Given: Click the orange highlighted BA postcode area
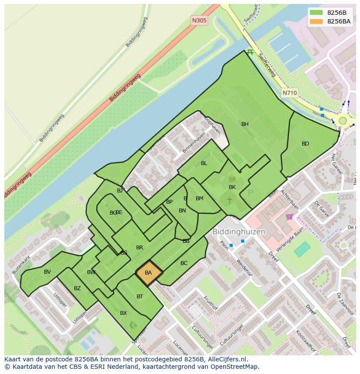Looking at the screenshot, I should tap(149, 273).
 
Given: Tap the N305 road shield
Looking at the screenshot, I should tap(199, 20).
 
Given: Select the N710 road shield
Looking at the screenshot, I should tap(290, 93).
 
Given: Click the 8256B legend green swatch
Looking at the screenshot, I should tap(317, 13).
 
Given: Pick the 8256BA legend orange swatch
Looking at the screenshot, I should tap(317, 21).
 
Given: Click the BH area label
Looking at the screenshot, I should tap(245, 124).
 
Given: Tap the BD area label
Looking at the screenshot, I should tap(305, 144).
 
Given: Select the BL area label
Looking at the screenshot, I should tap(204, 163).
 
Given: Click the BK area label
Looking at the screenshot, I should tap(232, 187).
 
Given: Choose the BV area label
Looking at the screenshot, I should tap(47, 272).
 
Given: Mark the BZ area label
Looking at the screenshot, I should tap(77, 288).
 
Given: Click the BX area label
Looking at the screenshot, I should tap(123, 313).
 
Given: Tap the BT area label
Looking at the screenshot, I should tap(140, 297).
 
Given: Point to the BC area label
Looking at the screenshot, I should tap(184, 263).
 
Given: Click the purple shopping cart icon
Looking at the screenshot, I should tap(290, 216).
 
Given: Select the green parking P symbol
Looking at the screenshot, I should tap(250, 192).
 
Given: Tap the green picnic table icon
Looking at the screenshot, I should tap(250, 52).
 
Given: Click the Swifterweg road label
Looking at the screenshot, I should tap(266, 65).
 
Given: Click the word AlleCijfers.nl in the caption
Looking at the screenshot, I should tap(226, 359).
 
